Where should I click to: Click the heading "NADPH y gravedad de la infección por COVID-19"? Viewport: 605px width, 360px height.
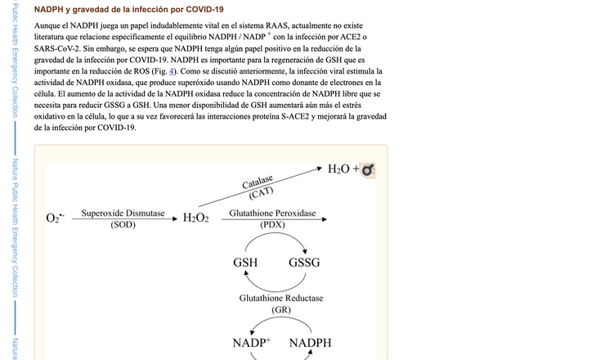128,9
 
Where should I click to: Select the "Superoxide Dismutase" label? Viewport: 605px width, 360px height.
123,214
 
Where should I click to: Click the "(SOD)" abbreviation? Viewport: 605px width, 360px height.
123,225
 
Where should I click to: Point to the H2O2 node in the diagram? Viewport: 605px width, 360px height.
196,218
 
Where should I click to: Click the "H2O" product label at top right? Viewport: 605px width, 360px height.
338,169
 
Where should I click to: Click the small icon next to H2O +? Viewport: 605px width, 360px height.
368,170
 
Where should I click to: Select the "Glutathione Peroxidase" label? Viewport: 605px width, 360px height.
272,214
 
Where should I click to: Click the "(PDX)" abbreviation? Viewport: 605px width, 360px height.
272,225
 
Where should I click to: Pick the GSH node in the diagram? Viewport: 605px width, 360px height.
244,263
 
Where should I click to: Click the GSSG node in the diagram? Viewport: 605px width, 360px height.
304,263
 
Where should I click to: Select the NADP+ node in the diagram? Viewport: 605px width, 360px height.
251,342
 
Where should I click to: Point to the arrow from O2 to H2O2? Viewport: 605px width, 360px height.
123,219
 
